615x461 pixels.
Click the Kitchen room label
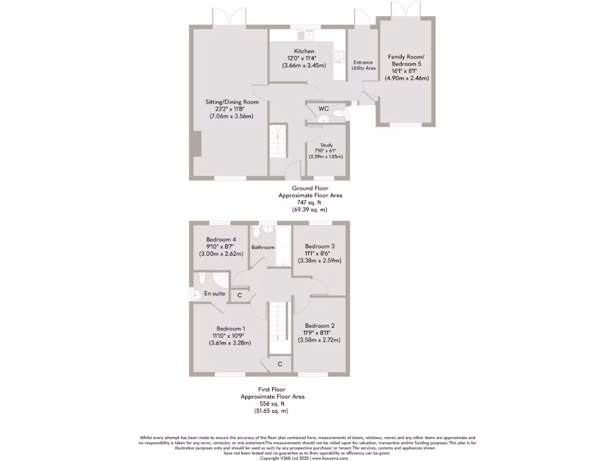304,51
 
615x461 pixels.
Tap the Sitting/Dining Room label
232,102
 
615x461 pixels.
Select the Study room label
326,145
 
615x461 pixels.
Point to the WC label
323,109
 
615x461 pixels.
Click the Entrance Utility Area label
363,65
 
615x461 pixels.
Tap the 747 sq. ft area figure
310,203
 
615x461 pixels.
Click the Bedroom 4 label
221,238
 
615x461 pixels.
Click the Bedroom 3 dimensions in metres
320,261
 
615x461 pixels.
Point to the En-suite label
214,294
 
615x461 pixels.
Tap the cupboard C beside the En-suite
240,295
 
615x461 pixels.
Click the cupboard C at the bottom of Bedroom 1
280,364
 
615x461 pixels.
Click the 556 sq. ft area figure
273,404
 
